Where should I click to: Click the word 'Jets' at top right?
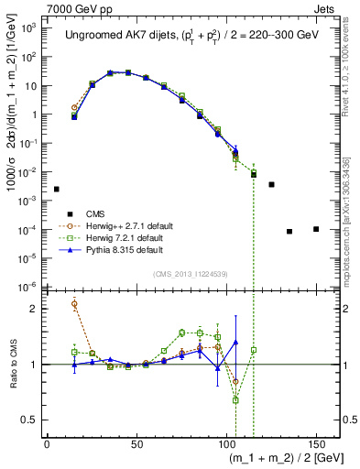point(326,8)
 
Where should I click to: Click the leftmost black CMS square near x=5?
point(57,189)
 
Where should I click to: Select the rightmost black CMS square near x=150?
point(316,229)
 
